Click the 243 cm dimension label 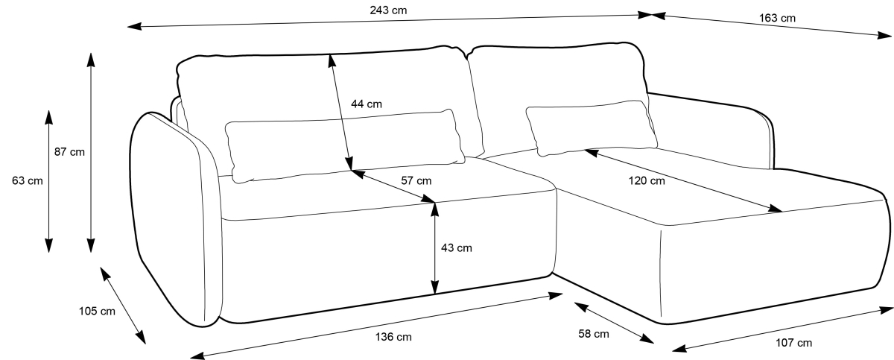388,10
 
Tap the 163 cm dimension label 776,17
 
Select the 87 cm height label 69,152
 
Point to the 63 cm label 27,180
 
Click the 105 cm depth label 97,312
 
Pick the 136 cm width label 393,337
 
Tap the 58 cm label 593,334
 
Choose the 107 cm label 794,343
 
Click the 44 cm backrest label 366,104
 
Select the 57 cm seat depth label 415,180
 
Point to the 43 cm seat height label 456,247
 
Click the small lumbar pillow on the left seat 343,145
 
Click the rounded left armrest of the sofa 175,224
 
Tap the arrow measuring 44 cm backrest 340,112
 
